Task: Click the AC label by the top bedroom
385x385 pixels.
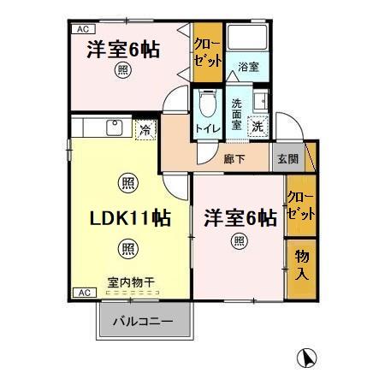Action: [x=83, y=29]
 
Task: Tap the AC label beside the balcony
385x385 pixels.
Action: [x=83, y=293]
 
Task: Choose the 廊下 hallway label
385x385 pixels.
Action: [x=234, y=158]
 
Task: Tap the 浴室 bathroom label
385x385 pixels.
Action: [x=248, y=65]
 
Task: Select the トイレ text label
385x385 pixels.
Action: [x=205, y=129]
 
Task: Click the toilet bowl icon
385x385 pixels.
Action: [x=205, y=106]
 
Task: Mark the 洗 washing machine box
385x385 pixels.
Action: [x=258, y=126]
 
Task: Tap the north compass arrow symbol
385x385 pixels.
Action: [x=305, y=358]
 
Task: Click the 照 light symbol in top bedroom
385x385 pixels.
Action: [x=126, y=70]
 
